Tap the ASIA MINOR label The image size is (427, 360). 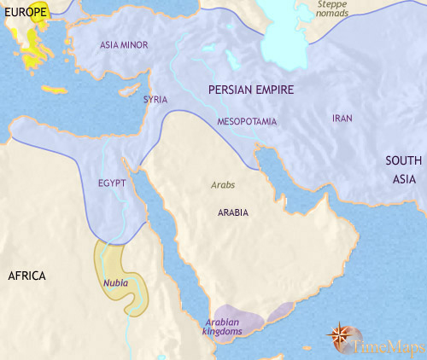click(x=120, y=44)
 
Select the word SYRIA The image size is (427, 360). click(x=155, y=100)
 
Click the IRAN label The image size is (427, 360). click(x=341, y=118)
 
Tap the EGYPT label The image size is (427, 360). click(x=112, y=183)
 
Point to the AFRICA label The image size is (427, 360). click(x=27, y=276)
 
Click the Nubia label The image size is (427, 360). click(x=117, y=281)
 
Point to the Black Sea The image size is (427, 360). click(x=128, y=13)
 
